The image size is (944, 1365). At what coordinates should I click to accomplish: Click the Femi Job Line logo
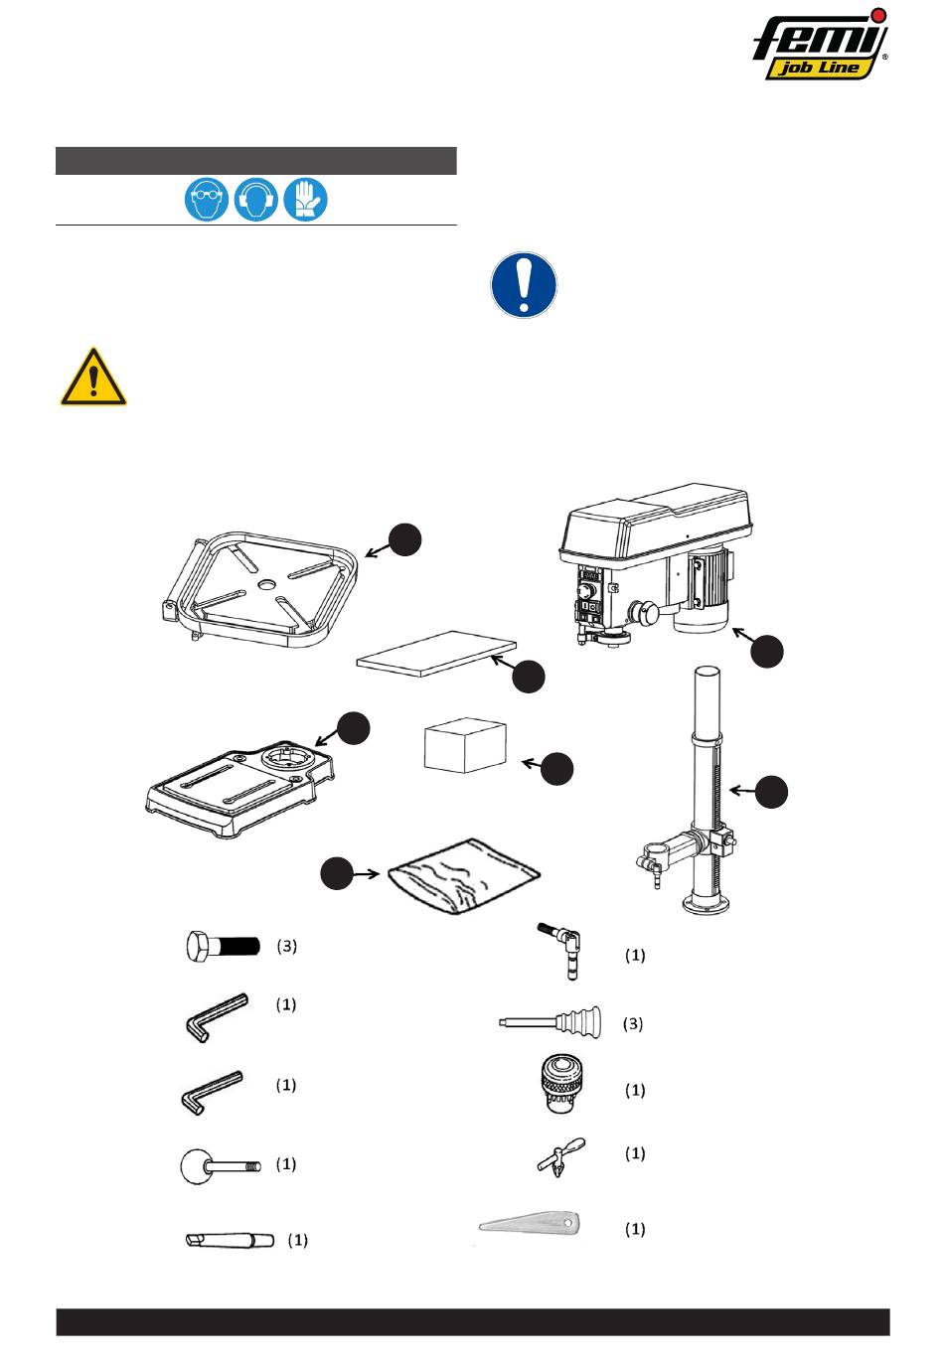820,44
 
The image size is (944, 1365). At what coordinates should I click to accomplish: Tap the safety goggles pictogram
205,200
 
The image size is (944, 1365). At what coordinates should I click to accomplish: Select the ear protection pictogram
255,200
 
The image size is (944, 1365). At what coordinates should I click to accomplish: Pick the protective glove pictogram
306,200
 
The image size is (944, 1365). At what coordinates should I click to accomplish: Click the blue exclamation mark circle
524,286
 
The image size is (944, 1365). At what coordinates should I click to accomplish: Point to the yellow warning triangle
92,378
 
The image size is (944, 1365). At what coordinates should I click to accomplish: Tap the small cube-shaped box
464,746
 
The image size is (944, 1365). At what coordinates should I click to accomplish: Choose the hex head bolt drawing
222,946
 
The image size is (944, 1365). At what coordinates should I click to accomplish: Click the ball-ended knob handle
220,1164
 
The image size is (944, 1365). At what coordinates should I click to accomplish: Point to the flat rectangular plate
436,654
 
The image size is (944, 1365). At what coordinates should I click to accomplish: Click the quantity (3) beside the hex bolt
286,946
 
